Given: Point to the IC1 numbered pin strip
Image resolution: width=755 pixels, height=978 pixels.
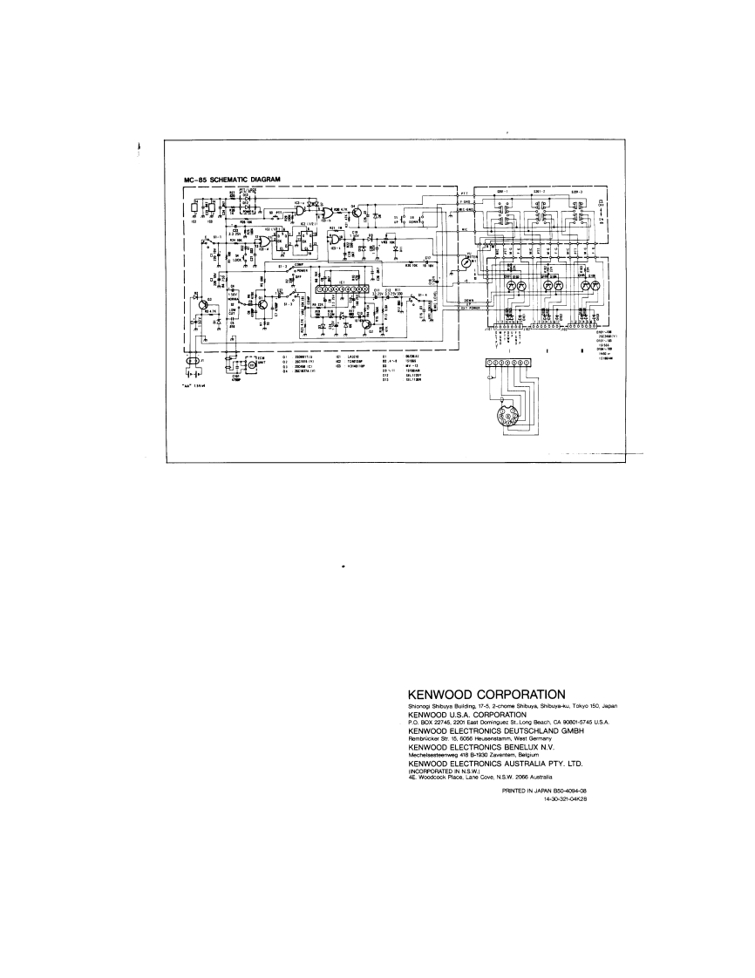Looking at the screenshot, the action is [x=341, y=289].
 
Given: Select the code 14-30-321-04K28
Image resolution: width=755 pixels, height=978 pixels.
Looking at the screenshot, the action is [x=564, y=798].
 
